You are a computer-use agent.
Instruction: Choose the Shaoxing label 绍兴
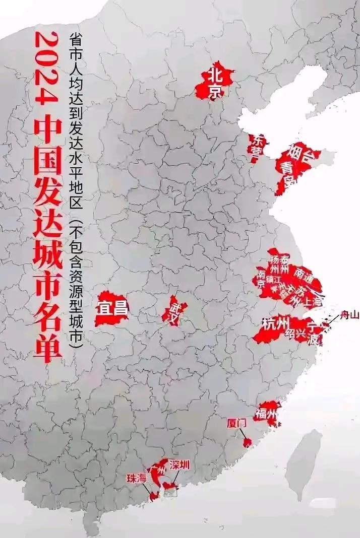(x=296, y=333)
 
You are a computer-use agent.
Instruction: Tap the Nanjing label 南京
(x=261, y=279)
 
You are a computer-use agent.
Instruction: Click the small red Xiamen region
(x=247, y=443)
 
